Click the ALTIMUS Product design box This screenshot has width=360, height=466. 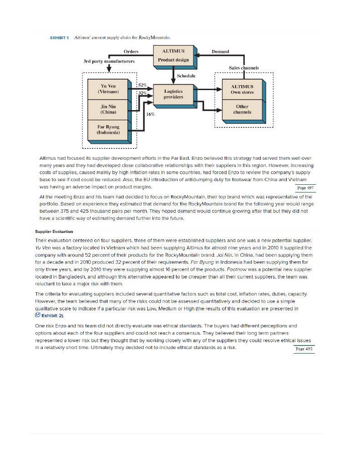pos(173,56)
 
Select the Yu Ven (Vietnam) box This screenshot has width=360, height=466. pos(108,89)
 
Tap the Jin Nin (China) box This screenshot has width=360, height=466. pos(108,109)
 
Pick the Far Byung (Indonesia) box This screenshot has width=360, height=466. pos(108,130)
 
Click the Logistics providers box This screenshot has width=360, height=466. pos(173,94)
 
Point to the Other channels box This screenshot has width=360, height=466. pos(242,109)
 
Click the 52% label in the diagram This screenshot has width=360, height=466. pos(142,86)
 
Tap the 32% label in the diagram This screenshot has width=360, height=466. pos(142,92)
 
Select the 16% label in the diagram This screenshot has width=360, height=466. pos(150,114)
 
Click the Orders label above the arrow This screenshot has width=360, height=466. pos(131,51)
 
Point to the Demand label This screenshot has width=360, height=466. pos(220,51)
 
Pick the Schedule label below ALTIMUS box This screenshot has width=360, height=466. pos(186,76)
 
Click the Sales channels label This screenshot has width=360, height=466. pos(243,68)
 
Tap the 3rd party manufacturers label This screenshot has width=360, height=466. pos(109,61)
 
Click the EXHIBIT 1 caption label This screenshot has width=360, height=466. pos(59,37)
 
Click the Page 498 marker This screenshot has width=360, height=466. pos(304,349)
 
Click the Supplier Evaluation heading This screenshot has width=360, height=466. pos(54,232)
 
